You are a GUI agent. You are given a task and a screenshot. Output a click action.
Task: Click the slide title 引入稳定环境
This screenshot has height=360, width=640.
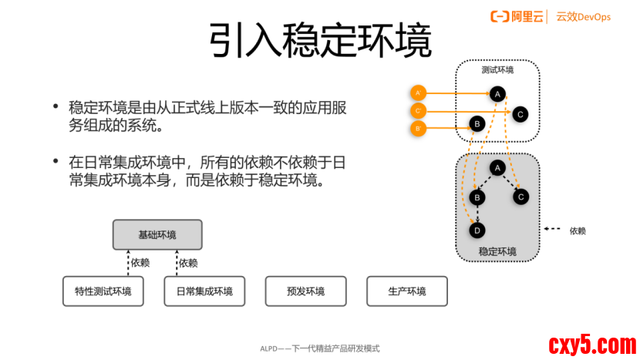pyautogui.click(x=319, y=41)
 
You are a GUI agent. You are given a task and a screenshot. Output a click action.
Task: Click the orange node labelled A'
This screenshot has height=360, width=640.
pyautogui.click(x=418, y=93)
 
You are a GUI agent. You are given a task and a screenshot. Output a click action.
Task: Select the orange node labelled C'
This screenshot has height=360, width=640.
pyautogui.click(x=418, y=111)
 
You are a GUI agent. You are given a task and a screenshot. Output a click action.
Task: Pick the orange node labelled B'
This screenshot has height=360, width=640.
pyautogui.click(x=418, y=129)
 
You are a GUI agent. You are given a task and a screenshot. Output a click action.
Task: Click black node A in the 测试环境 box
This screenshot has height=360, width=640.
pyautogui.click(x=497, y=94)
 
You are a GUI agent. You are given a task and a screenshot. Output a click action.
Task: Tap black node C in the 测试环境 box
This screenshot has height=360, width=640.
pyautogui.click(x=520, y=114)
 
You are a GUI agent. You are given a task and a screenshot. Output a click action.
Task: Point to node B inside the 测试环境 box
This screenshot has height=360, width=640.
pyautogui.click(x=477, y=123)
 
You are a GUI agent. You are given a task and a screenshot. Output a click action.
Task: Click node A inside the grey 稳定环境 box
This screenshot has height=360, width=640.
pyautogui.click(x=497, y=167)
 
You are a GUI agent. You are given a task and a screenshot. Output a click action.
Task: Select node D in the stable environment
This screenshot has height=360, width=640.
pyautogui.click(x=477, y=230)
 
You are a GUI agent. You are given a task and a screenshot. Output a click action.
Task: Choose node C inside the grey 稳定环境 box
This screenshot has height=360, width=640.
pyautogui.click(x=520, y=197)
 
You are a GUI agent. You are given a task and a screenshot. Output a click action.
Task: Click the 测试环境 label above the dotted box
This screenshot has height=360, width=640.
pyautogui.click(x=497, y=69)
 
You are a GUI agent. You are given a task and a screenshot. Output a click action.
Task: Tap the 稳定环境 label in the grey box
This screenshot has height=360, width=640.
pyautogui.click(x=497, y=251)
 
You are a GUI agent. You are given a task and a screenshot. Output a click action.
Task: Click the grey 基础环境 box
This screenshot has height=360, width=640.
pyautogui.click(x=157, y=234)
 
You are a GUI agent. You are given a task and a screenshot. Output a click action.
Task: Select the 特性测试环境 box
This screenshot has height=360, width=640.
pyautogui.click(x=103, y=291)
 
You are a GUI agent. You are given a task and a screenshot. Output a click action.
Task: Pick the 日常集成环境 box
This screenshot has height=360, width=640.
pyautogui.click(x=204, y=291)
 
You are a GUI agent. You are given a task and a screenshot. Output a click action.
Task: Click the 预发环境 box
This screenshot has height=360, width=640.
pyautogui.click(x=305, y=291)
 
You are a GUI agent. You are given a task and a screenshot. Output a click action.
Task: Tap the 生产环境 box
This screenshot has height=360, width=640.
pyautogui.click(x=406, y=291)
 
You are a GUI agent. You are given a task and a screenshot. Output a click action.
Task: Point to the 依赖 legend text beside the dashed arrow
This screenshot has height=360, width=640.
pyautogui.click(x=578, y=230)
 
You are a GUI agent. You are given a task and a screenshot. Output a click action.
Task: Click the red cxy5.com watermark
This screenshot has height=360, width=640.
pyautogui.click(x=591, y=343)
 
